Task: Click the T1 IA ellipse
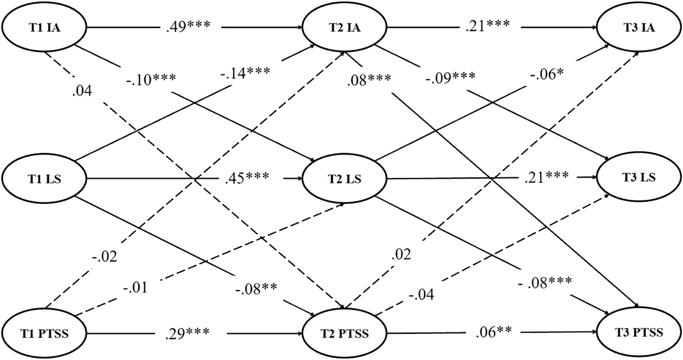point(44,28)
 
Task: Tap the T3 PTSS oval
point(638,332)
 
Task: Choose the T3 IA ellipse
point(638,28)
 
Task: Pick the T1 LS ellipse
point(44,179)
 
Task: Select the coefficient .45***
point(247,178)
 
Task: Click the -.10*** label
point(151,81)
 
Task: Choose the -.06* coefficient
point(547,73)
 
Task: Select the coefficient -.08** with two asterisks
point(256,288)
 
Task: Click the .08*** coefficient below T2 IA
point(369,80)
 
